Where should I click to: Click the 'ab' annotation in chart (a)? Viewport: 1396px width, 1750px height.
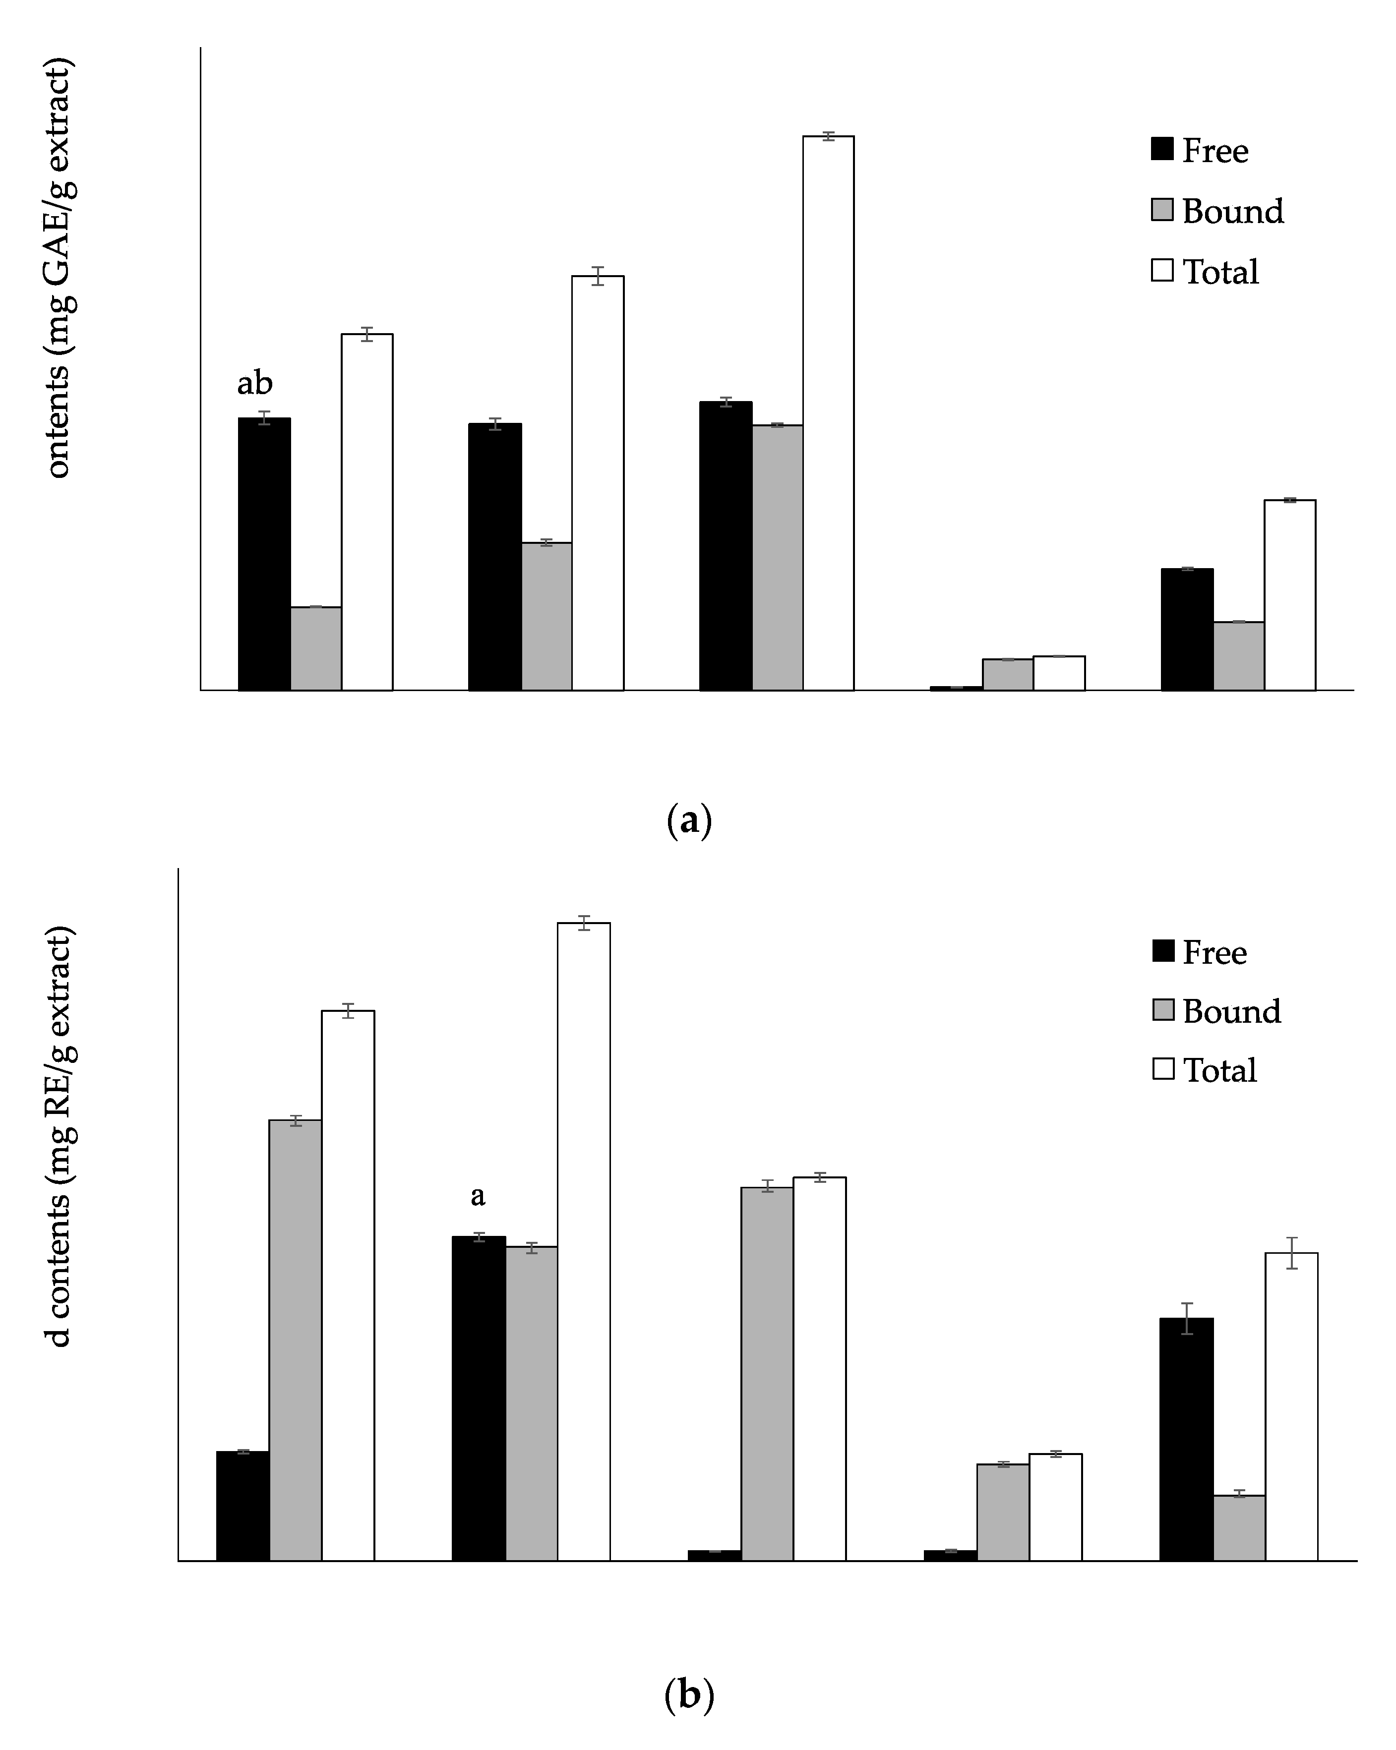254,383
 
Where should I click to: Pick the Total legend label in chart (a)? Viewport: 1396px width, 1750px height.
1220,272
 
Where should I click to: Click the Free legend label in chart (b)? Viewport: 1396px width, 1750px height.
1214,952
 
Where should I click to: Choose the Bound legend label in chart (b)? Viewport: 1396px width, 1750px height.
1231,1011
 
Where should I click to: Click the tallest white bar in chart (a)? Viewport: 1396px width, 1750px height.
828,414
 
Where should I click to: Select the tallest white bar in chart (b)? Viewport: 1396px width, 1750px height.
583,1242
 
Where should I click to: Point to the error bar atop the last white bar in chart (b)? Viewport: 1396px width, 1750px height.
1291,1253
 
